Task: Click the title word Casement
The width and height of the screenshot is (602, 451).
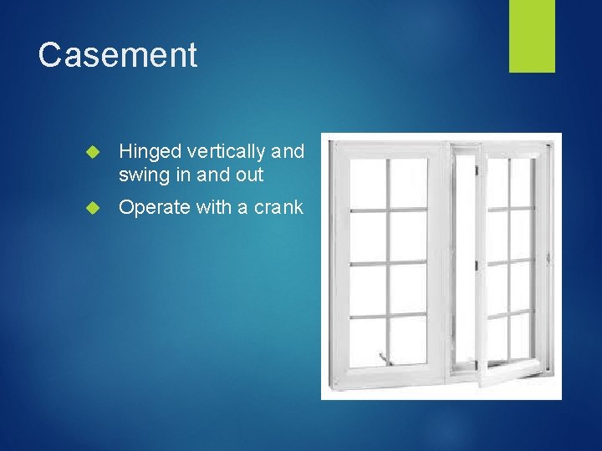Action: click(x=118, y=55)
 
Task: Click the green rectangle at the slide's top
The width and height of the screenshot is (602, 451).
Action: click(x=532, y=35)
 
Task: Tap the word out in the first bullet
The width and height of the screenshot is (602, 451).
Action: click(x=249, y=175)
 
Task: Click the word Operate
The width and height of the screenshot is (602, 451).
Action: click(x=155, y=208)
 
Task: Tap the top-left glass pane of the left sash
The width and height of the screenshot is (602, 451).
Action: click(x=366, y=182)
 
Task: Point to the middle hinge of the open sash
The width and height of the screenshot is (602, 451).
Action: click(x=477, y=266)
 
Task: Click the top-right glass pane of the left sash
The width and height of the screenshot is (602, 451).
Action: click(x=409, y=182)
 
